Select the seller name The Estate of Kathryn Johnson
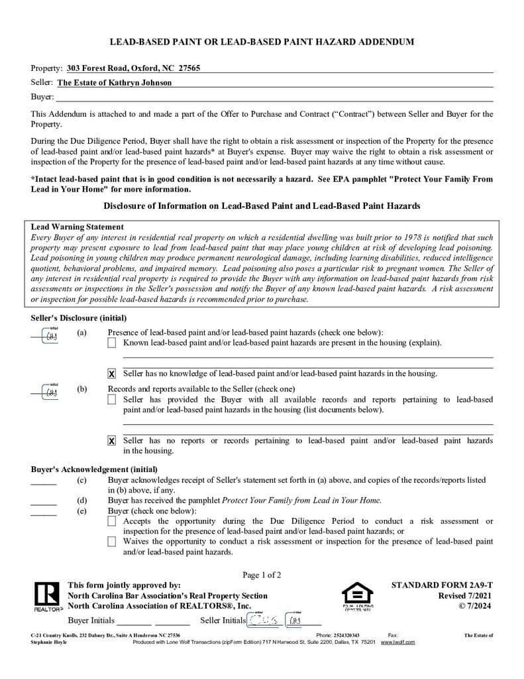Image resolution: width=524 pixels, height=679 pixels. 115,83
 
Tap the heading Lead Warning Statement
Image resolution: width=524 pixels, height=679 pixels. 77,227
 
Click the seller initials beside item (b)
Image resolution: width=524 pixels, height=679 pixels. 51,392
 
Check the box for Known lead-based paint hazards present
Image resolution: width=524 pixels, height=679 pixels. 112,343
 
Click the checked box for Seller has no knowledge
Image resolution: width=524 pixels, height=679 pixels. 112,374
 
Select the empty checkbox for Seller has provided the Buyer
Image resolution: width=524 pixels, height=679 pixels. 112,400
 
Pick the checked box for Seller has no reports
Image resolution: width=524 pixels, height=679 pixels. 112,441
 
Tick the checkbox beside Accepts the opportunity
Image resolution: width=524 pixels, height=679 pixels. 112,522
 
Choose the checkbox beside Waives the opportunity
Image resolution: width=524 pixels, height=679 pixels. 112,542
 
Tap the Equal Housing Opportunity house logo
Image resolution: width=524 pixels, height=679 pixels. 357,593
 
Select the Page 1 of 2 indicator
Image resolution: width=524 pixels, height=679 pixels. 262,575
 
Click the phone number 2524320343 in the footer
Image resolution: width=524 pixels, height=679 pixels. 346,635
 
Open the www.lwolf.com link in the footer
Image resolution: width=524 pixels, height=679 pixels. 397,642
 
